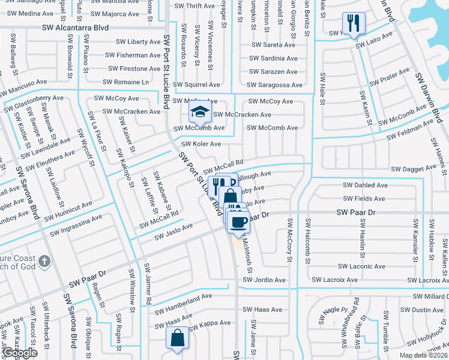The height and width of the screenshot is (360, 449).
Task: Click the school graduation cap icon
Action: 200,111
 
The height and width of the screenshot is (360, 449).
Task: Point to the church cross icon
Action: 44,262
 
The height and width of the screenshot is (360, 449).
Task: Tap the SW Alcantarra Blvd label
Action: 76,28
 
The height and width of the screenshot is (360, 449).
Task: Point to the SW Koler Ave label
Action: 201,144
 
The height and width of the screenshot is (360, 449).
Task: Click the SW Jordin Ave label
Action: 264,280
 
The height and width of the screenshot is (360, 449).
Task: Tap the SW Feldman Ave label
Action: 410,129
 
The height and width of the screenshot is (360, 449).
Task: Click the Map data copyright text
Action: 423,355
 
